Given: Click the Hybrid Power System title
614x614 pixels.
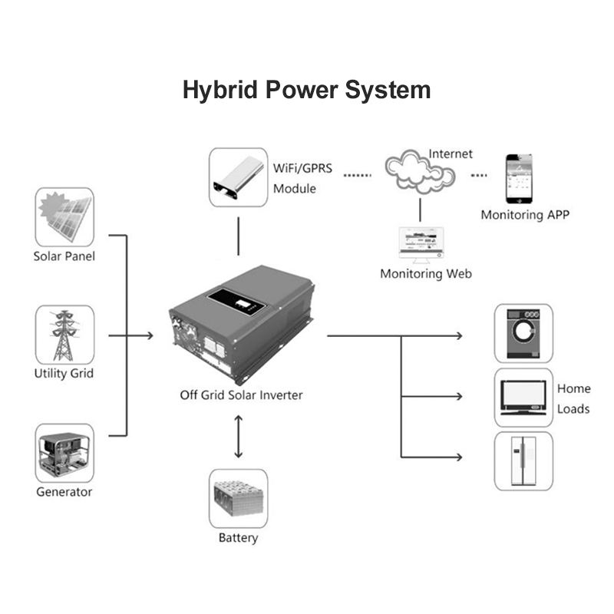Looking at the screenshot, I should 306,90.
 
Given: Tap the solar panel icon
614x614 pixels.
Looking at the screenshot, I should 64,216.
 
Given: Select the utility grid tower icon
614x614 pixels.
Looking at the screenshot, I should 64,335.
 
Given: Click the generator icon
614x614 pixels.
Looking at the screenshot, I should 64,453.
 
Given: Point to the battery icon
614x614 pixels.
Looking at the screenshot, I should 238,498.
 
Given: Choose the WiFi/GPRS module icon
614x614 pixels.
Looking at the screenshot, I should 238,177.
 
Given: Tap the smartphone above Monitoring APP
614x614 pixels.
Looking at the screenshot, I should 519,179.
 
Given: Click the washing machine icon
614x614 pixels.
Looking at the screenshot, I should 523,334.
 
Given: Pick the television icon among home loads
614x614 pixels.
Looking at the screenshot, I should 523,398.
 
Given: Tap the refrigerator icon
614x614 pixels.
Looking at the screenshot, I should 523,460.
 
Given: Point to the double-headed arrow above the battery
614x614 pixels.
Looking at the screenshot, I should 238,438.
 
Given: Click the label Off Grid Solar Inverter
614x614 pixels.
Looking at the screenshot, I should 241,395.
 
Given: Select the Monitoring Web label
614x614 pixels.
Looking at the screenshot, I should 426,273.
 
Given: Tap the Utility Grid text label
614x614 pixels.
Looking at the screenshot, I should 64,374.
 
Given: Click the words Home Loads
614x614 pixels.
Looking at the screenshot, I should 573,398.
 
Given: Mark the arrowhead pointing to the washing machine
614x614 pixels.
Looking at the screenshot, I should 459,335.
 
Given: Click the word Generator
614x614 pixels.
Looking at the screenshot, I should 64,491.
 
